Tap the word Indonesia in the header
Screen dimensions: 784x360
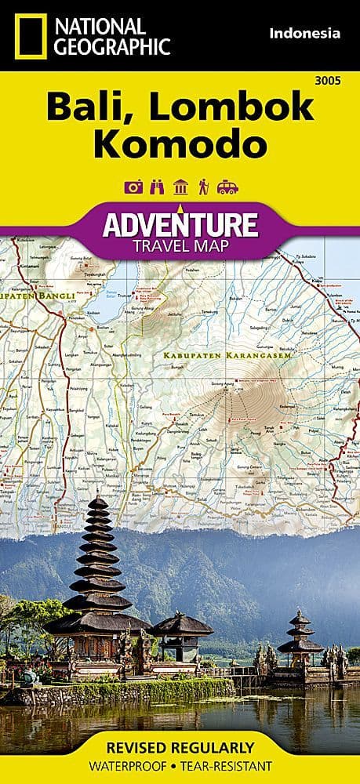pos(304,33)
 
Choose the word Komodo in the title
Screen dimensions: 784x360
pos(180,145)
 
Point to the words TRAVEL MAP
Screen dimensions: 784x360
pos(180,245)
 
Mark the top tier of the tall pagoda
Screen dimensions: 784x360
pos(97,503)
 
